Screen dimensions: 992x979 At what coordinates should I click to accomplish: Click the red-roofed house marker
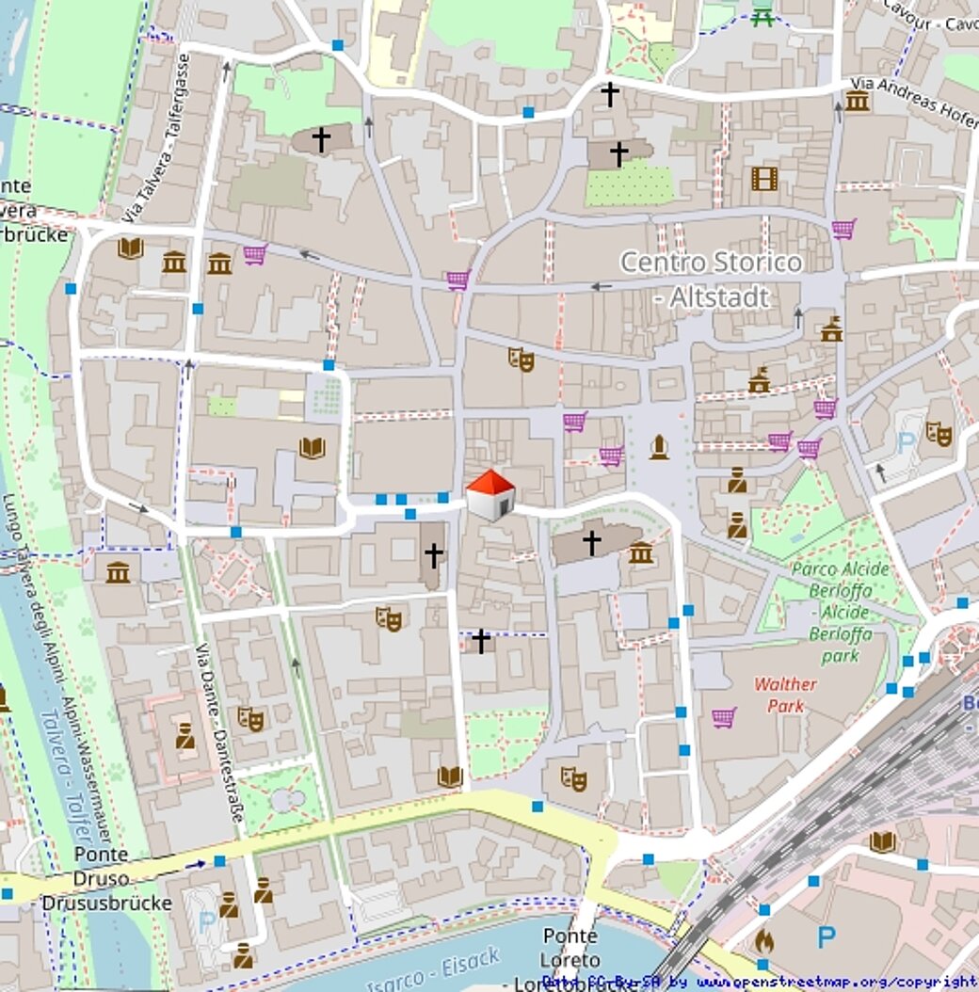tap(490, 494)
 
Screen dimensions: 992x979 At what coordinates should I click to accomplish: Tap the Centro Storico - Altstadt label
tap(711, 279)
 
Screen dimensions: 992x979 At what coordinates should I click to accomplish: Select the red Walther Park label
tap(785, 695)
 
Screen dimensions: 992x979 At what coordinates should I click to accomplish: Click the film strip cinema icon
tap(764, 178)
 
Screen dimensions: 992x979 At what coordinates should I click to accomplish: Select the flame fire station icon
tap(764, 939)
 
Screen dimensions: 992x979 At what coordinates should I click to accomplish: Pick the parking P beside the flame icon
tap(826, 936)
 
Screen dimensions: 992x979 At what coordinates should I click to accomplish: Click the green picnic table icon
tap(762, 16)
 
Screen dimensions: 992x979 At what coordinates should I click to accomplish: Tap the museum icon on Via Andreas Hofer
tap(856, 101)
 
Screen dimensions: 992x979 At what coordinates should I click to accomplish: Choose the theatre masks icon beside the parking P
tap(938, 433)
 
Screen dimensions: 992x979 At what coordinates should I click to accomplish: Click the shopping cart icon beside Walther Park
tap(723, 717)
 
